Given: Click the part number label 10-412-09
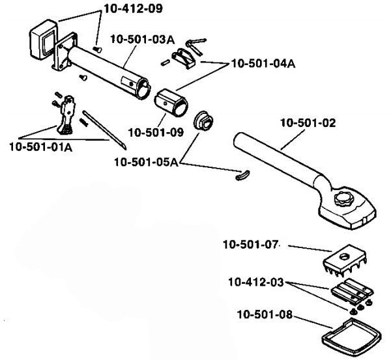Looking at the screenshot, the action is (x=133, y=8).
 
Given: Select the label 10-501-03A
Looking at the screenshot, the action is (x=142, y=39).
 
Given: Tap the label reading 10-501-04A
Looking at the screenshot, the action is (x=263, y=64).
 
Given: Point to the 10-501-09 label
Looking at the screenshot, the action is (x=156, y=132).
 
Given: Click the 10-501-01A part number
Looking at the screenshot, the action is (x=41, y=146).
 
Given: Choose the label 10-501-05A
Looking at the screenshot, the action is (x=147, y=162).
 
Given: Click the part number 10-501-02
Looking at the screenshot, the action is (x=308, y=123).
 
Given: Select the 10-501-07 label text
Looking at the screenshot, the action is (x=250, y=244).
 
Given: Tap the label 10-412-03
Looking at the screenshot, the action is (x=256, y=283).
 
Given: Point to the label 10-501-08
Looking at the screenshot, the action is (x=265, y=314).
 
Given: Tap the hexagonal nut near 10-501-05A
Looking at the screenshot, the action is (x=204, y=121).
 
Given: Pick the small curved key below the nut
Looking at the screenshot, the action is (x=242, y=175).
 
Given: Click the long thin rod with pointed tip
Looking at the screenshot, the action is (x=104, y=130).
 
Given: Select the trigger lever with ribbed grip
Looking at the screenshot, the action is (x=66, y=115).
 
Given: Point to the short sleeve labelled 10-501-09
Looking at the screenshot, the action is (x=171, y=102).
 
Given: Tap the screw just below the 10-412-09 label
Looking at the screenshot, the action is (x=98, y=49).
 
